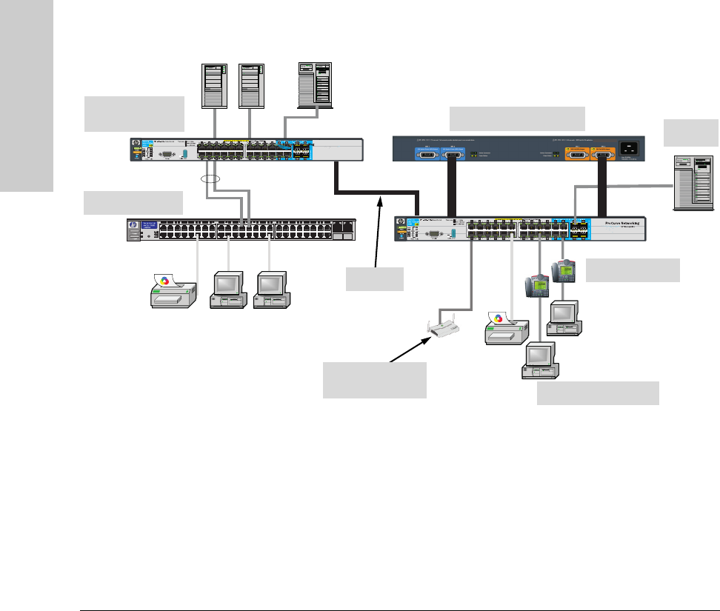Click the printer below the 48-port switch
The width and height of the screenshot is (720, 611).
click(172, 290)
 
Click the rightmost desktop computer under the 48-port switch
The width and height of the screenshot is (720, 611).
click(272, 290)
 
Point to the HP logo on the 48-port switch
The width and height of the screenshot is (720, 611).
click(133, 225)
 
